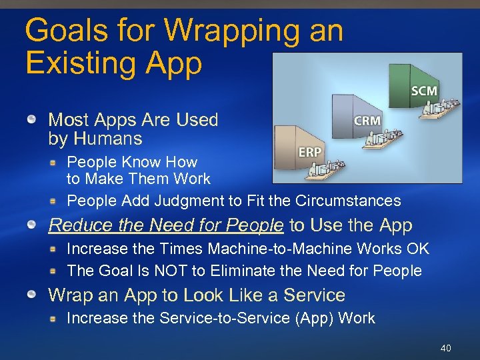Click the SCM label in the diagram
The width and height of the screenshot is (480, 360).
[x=425, y=90]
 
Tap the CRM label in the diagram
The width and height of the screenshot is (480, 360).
[x=367, y=121]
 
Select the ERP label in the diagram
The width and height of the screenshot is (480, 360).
[x=309, y=152]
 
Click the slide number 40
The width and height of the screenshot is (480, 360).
[x=446, y=349]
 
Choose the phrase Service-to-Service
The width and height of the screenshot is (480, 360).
[x=225, y=318]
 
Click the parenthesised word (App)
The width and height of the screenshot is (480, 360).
[x=313, y=318]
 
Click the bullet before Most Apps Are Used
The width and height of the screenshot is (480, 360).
[x=31, y=120]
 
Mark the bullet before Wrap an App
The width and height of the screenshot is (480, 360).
[x=31, y=295]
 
